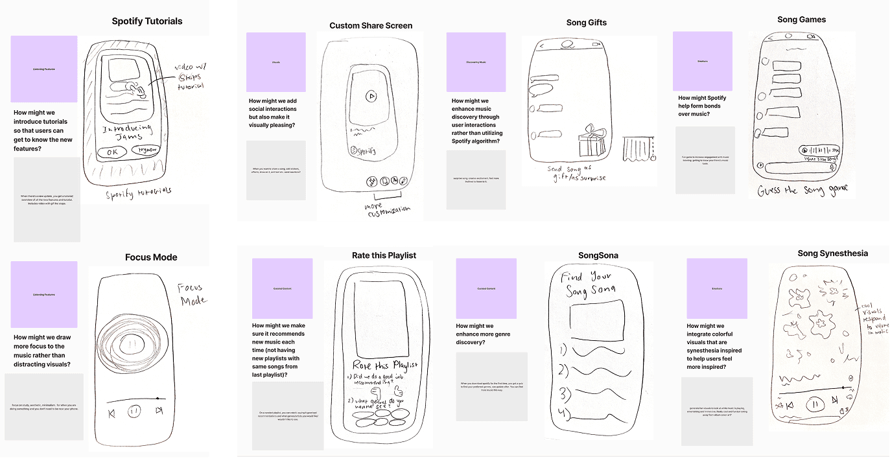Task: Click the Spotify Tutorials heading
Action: pyautogui.click(x=147, y=21)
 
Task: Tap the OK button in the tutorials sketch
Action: pyautogui.click(x=113, y=151)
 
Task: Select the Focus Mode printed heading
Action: pyautogui.click(x=151, y=257)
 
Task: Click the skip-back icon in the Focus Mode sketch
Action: pyautogui.click(x=112, y=412)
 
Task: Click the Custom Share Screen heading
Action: pyautogui.click(x=371, y=26)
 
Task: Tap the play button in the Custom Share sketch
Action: pyautogui.click(x=371, y=97)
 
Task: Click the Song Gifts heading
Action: pyautogui.click(x=586, y=23)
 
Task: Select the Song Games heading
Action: pyautogui.click(x=802, y=19)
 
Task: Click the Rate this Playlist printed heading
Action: pyautogui.click(x=384, y=255)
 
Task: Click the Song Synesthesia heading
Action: pyautogui.click(x=832, y=253)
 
